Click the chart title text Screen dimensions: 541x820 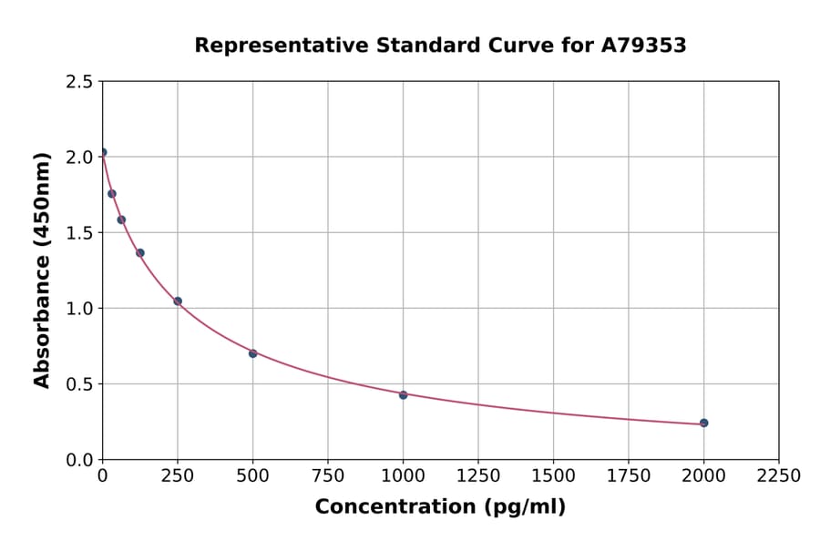click(440, 46)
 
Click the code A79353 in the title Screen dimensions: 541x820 click(642, 46)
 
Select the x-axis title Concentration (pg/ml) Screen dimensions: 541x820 click(440, 507)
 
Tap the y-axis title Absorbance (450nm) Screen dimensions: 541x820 click(42, 270)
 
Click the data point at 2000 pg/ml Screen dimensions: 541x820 click(703, 423)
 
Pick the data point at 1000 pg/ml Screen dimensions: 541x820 click(403, 394)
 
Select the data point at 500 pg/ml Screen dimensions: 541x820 click(252, 353)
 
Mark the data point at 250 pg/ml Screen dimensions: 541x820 click(178, 301)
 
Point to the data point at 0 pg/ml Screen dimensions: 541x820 click(103, 152)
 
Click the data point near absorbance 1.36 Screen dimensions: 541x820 click(140, 252)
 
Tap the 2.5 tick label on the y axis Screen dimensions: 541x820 click(79, 82)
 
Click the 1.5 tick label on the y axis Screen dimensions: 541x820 click(79, 233)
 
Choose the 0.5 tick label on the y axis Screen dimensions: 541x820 click(79, 384)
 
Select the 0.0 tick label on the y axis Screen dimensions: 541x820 click(79, 460)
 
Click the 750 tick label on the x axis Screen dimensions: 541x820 click(328, 476)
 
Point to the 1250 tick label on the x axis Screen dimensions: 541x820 click(478, 476)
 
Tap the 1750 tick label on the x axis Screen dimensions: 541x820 click(629, 476)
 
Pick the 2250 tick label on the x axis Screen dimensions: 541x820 click(778, 476)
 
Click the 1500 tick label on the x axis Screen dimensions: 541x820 click(553, 476)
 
